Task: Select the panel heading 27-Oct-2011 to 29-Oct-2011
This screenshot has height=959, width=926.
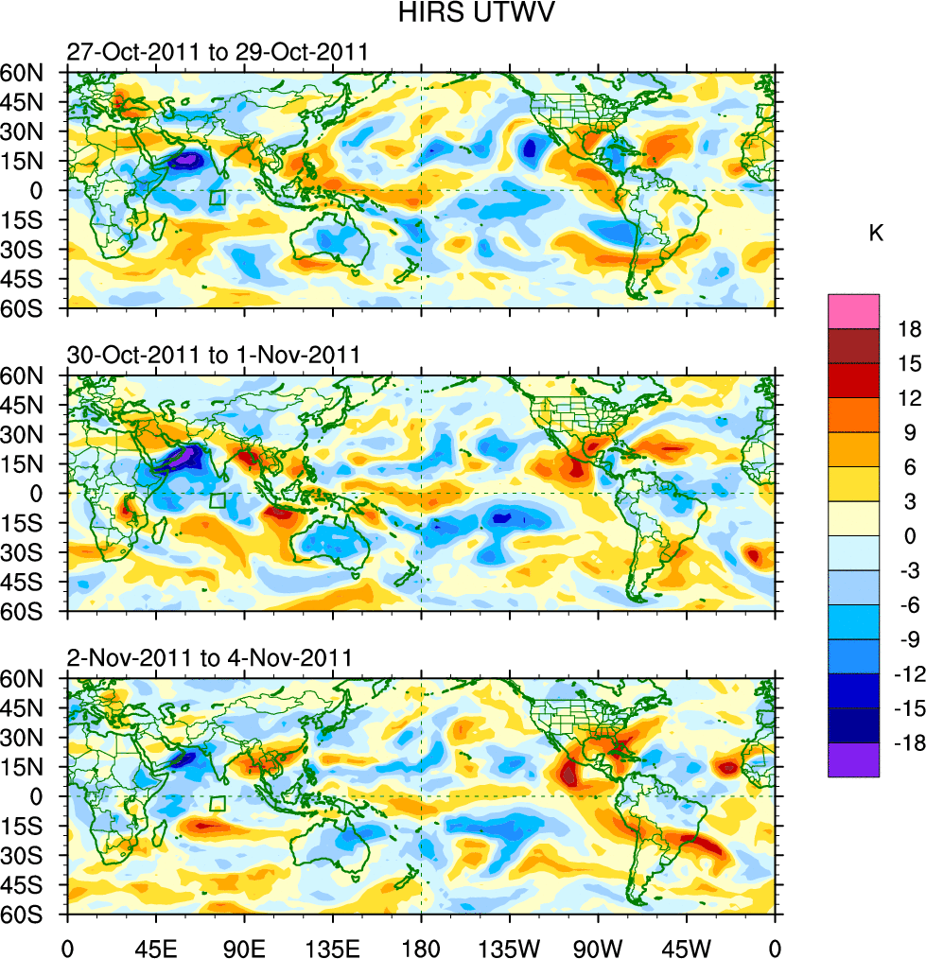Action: [217, 52]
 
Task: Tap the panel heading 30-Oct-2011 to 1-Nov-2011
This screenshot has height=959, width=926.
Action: [213, 355]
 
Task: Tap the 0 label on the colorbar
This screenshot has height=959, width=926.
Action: [909, 536]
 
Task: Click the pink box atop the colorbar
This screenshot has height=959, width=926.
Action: [853, 311]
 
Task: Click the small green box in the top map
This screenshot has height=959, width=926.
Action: [218, 198]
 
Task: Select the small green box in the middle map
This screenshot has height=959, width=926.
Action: [218, 500]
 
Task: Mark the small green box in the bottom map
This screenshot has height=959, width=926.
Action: [218, 803]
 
